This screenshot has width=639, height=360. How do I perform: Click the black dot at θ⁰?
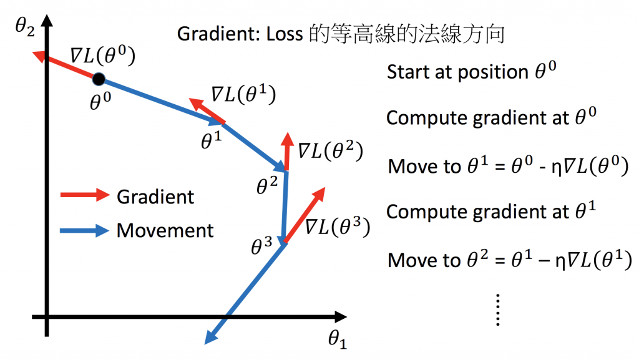pos(99,79)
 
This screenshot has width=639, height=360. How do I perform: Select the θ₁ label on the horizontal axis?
pos(338,340)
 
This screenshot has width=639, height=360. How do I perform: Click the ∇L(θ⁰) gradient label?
pos(102,54)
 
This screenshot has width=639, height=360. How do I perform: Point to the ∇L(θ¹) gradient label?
pos(243,94)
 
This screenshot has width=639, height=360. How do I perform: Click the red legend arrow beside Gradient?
pos(84,196)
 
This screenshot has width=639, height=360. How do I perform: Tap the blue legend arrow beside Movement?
pos(84,230)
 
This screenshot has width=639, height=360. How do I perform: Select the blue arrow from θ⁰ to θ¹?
pos(162,101)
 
